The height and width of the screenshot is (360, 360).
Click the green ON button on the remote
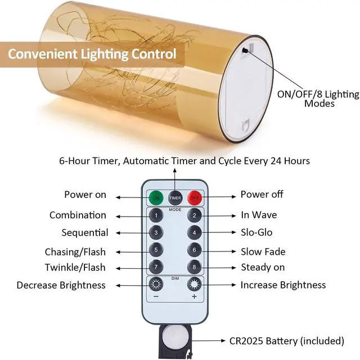[156, 197]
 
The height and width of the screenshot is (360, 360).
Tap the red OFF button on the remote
[194, 197]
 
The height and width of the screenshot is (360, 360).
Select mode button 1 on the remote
[156, 215]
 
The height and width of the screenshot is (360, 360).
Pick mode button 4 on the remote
[194, 232]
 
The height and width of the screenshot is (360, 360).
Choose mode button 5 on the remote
[156, 249]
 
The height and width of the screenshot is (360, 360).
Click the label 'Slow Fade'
[263, 251]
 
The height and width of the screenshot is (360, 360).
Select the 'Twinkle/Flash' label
[75, 267]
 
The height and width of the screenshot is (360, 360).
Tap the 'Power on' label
[85, 195]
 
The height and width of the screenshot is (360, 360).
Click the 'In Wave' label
[259, 215]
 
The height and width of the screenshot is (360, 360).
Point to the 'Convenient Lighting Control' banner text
[92, 55]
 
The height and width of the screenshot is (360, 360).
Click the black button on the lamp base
[246, 50]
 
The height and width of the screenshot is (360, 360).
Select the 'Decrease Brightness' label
[61, 285]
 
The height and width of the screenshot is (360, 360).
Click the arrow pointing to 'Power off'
[219, 197]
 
